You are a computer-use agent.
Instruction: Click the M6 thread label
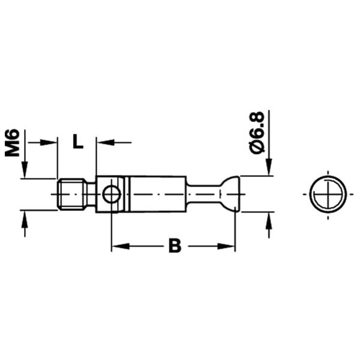tap(12, 143)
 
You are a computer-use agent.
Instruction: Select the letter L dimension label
tap(78, 141)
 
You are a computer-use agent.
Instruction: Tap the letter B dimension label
tap(175, 245)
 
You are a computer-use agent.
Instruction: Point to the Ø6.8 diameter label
tap(257, 133)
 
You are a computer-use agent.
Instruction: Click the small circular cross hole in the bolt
tap(112, 194)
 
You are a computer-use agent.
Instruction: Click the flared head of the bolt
tap(230, 194)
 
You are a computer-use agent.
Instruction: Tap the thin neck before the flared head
tap(203, 194)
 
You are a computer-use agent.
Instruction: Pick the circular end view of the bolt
tap(328, 194)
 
